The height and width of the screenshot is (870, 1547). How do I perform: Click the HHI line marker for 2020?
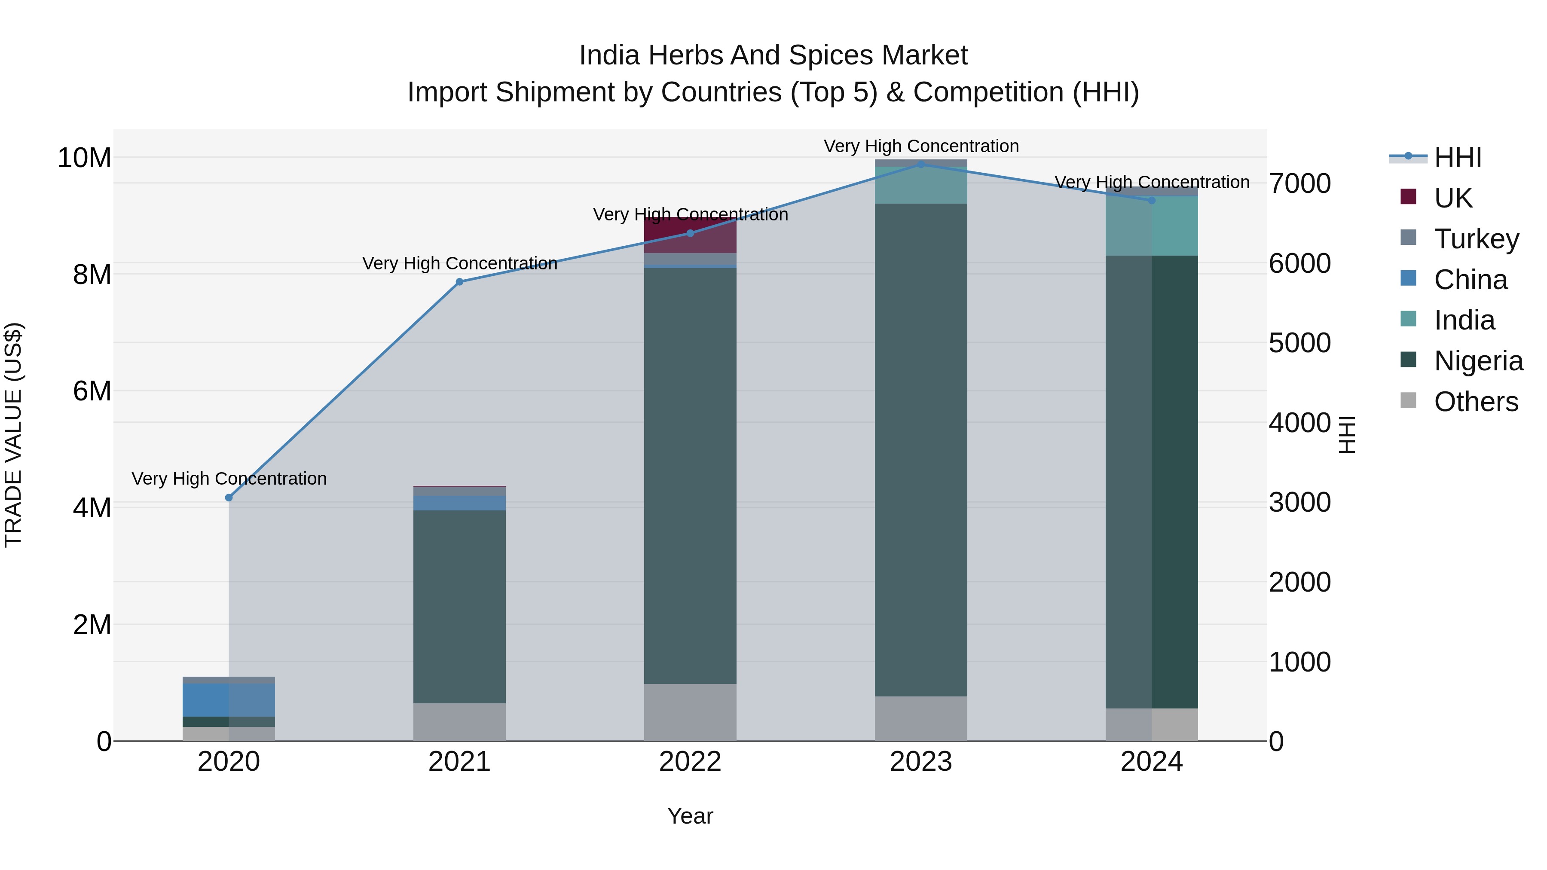[x=229, y=498]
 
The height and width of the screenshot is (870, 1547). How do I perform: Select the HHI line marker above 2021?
[x=459, y=281]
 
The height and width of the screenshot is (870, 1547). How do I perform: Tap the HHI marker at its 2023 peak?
[x=920, y=164]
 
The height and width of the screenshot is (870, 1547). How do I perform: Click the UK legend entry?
[x=1453, y=198]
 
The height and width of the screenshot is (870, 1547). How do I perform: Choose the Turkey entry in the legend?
[x=1476, y=239]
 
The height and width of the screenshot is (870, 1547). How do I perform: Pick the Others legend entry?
[x=1476, y=402]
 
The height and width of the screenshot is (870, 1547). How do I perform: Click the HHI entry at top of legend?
[x=1458, y=157]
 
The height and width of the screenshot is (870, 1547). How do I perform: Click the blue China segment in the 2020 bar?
[x=206, y=700]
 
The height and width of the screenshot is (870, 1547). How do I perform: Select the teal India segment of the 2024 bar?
[x=1152, y=226]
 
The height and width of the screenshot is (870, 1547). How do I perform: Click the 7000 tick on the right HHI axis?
[x=1299, y=184]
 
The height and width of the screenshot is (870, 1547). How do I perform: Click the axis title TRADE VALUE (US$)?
[x=13, y=435]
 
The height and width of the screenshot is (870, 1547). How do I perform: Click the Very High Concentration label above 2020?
[x=229, y=479]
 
